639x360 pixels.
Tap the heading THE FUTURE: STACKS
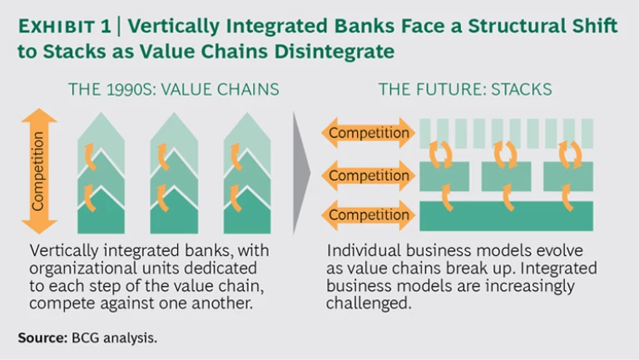coord(459,89)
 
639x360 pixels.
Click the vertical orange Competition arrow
coord(40,171)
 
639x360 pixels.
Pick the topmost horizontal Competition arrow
coord(367,133)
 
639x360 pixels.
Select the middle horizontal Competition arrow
coord(367,175)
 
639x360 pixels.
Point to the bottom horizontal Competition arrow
coord(367,215)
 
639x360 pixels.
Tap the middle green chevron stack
coord(174,175)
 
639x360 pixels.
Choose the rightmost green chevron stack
coord(247,175)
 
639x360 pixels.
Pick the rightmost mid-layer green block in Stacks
coord(568,176)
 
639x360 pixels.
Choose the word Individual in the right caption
coord(362,250)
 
